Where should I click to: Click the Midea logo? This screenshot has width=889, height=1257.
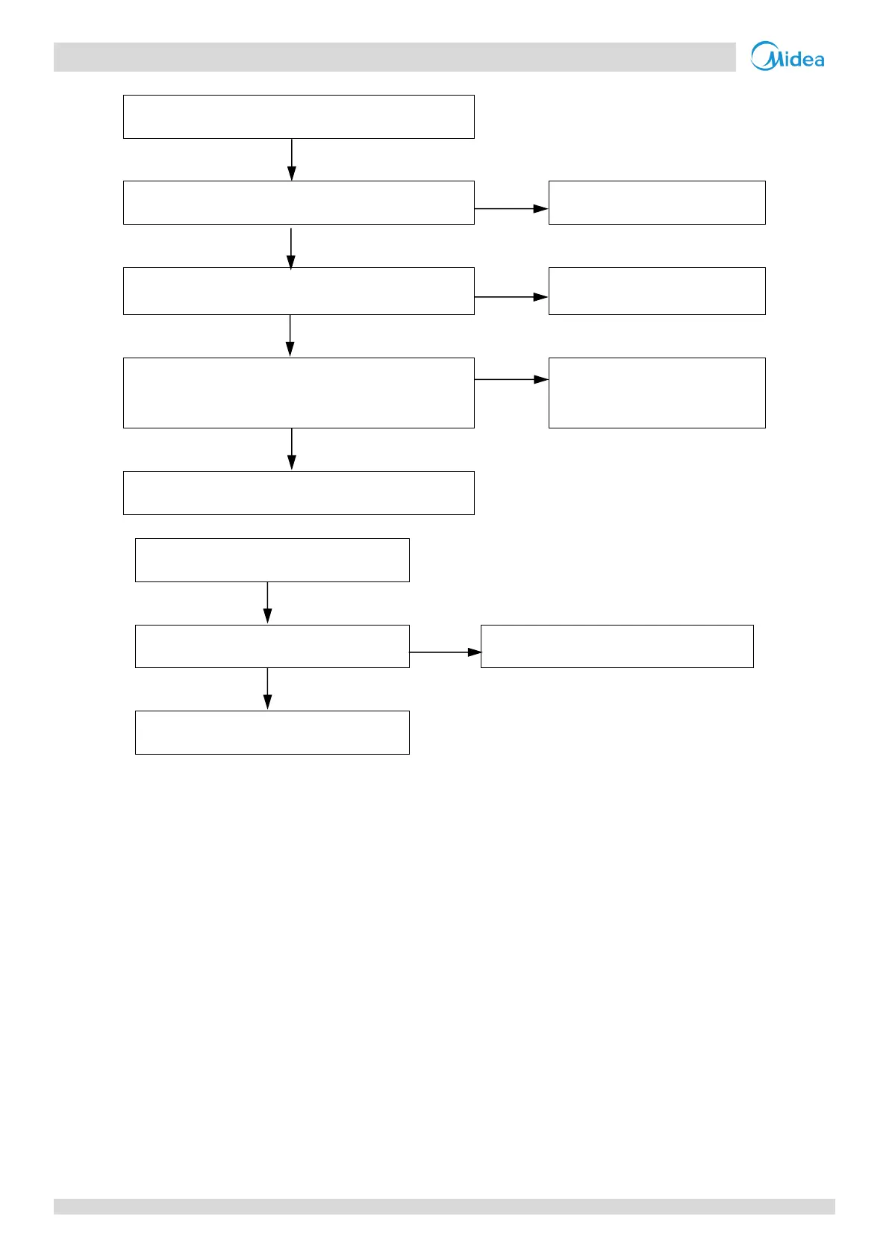pyautogui.click(x=787, y=56)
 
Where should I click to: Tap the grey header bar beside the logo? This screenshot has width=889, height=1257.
pyautogui.click(x=394, y=57)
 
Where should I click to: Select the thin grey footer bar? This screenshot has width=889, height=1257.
pyautogui.click(x=444, y=1206)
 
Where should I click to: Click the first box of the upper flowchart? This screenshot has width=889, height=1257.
pyautogui.click(x=299, y=116)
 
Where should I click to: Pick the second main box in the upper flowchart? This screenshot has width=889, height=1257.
pyautogui.click(x=299, y=202)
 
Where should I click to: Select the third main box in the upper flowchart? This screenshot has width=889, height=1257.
pyautogui.click(x=299, y=290)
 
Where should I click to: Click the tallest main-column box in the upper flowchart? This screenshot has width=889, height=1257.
pyautogui.click(x=299, y=393)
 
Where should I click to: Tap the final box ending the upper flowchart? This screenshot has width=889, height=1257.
pyautogui.click(x=299, y=493)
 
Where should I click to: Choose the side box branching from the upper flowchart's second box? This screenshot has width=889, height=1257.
pyautogui.click(x=657, y=202)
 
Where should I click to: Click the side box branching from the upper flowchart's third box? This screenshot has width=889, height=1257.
pyautogui.click(x=657, y=290)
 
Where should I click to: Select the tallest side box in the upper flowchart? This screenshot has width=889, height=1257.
pyautogui.click(x=657, y=393)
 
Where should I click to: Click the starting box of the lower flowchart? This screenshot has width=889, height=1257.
pyautogui.click(x=272, y=560)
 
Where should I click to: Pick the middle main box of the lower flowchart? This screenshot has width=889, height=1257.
pyautogui.click(x=272, y=646)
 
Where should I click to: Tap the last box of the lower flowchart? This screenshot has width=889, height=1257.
pyautogui.click(x=272, y=732)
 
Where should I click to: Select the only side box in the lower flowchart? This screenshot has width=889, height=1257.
pyautogui.click(x=617, y=646)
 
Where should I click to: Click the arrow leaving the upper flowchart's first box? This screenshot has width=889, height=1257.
pyautogui.click(x=292, y=159)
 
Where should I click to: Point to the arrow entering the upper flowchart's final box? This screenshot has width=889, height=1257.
pyautogui.click(x=292, y=449)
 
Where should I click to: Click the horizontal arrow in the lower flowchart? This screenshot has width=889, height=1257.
pyautogui.click(x=445, y=652)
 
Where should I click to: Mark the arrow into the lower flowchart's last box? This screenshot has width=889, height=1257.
pyautogui.click(x=267, y=689)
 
